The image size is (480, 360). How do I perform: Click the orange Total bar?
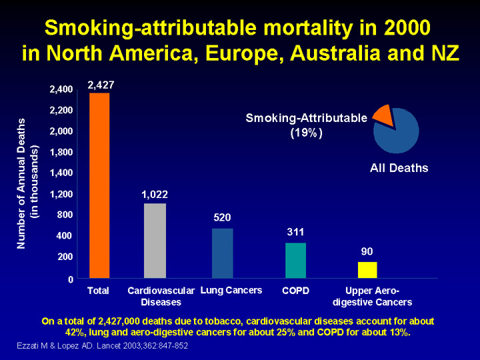(x=99, y=185)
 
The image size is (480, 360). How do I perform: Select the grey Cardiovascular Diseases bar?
(x=155, y=241)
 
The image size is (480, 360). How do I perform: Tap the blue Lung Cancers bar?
(x=223, y=253)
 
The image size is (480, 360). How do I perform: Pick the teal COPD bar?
(x=295, y=260)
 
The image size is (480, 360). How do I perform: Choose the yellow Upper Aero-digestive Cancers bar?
(x=367, y=270)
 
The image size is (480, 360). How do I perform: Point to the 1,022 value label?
(x=155, y=195)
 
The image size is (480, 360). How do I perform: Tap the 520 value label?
(x=223, y=217)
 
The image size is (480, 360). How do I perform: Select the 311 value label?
(x=295, y=232)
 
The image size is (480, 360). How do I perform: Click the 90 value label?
(x=367, y=252)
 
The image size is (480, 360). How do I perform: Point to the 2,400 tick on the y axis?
(x=61, y=89)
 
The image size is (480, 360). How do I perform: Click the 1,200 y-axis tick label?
(x=61, y=193)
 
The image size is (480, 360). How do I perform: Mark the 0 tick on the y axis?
(x=70, y=278)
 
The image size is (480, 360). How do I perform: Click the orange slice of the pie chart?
(x=383, y=114)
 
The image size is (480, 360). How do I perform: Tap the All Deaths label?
(x=399, y=168)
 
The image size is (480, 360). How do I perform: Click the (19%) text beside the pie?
(x=306, y=133)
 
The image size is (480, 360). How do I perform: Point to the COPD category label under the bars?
(x=295, y=291)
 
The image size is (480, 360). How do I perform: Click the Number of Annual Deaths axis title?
(x=22, y=183)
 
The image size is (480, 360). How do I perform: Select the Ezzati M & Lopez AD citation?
(x=102, y=345)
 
